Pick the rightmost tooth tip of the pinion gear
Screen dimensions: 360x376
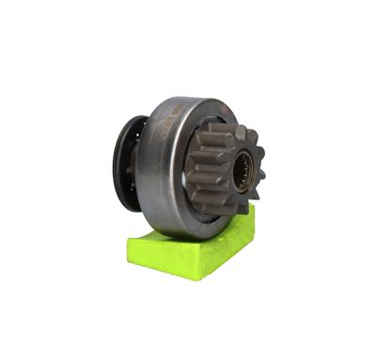[263, 173]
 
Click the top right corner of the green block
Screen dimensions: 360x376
[252, 208]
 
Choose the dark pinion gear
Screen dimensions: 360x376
[221, 169]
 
